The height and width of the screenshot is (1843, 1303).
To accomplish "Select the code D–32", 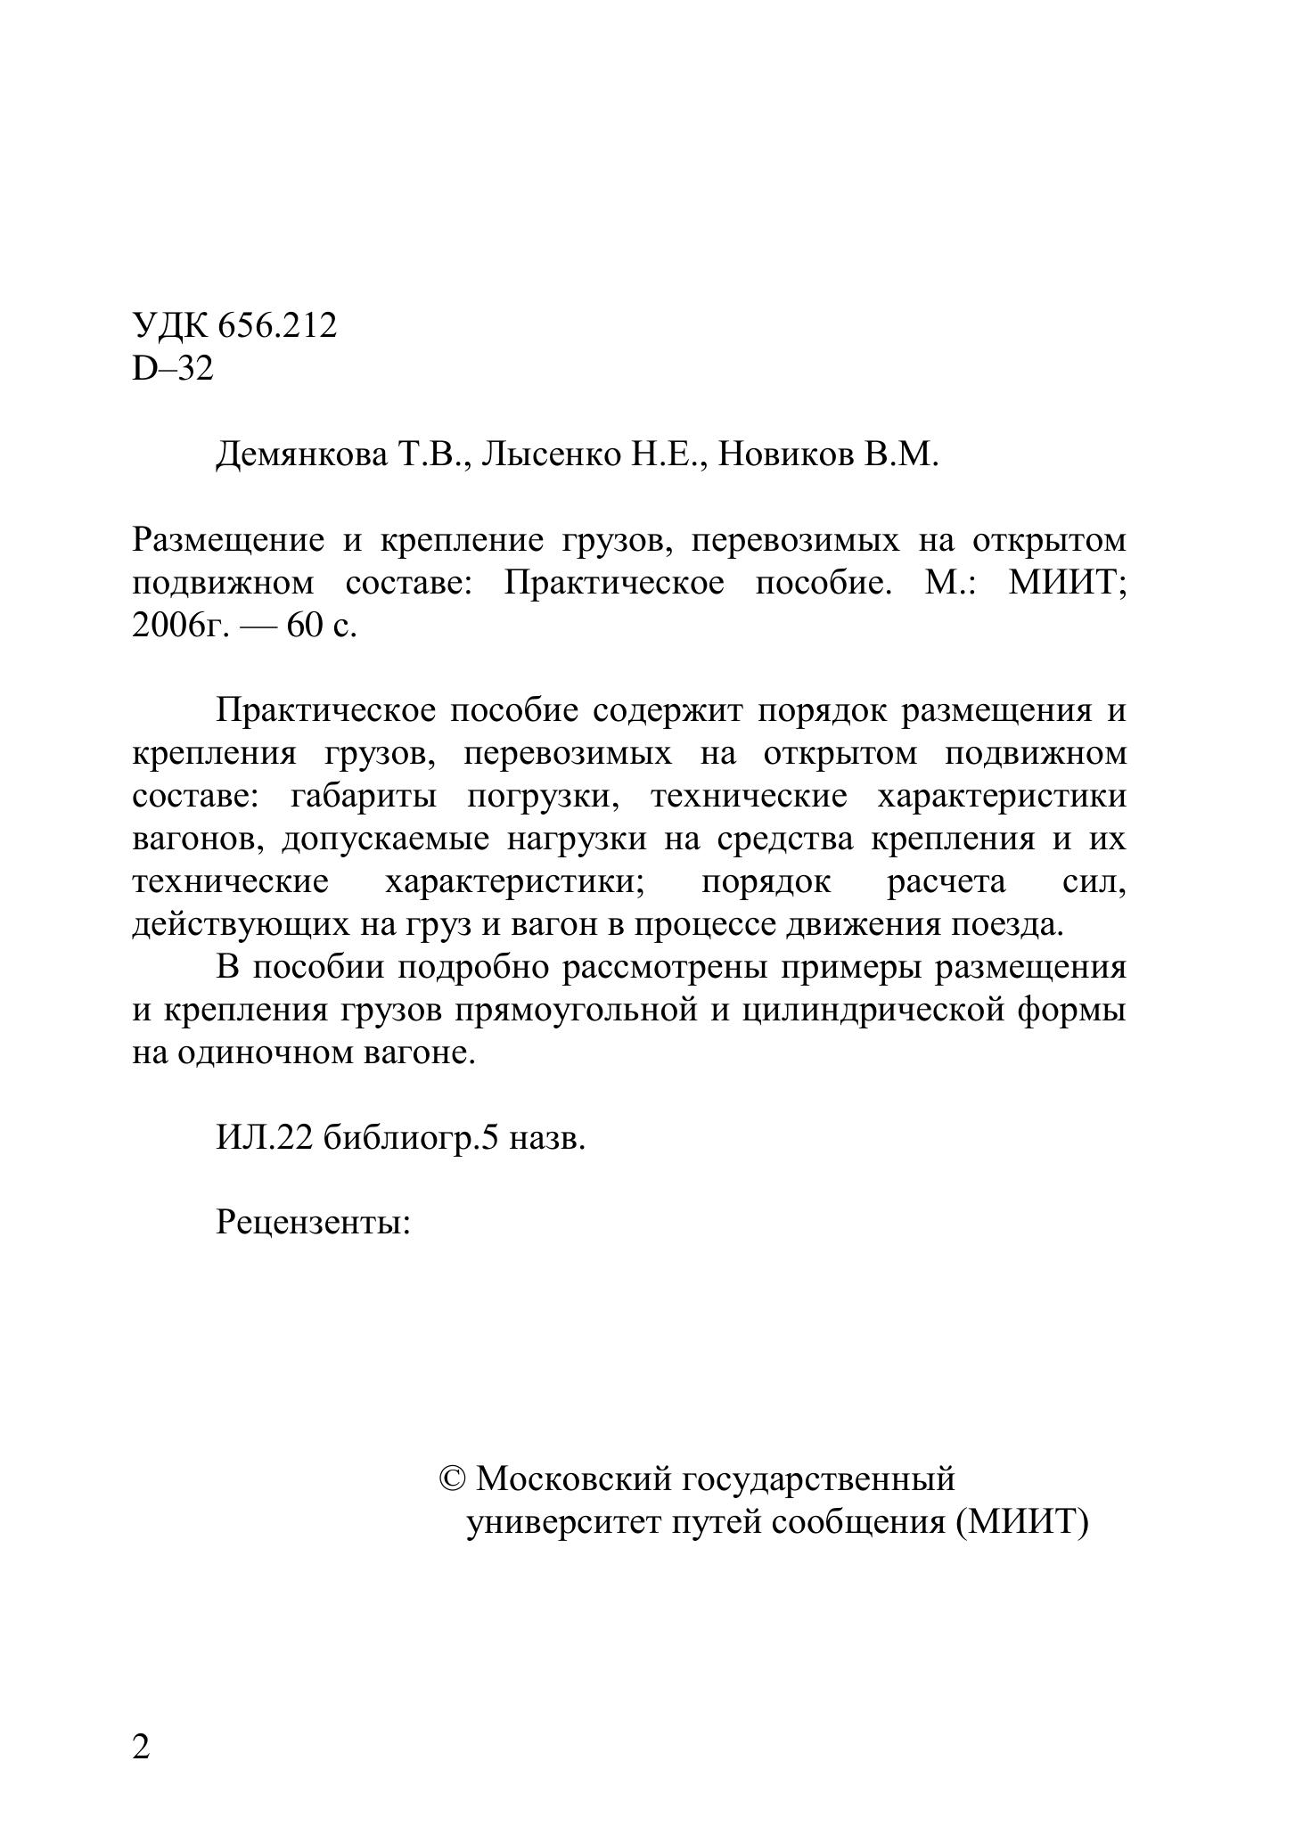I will coord(173,368).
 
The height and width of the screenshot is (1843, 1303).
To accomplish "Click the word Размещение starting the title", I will coord(228,540).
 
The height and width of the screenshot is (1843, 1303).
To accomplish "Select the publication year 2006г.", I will coord(181,626).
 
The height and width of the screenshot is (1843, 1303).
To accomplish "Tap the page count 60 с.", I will coord(321,626).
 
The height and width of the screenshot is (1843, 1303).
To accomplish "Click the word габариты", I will coord(364,796).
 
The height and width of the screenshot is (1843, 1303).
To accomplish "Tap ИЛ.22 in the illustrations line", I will coord(264,1138).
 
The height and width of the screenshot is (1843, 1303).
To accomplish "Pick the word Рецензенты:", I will coord(313,1222).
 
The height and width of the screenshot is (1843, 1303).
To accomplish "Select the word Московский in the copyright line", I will coord(573,1479).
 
